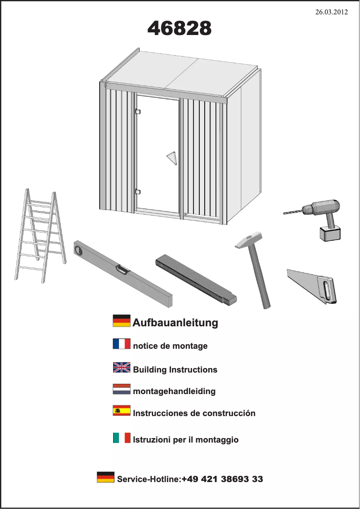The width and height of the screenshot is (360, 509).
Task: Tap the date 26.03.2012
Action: tap(332, 12)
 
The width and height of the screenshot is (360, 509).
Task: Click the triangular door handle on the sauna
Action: tap(171, 158)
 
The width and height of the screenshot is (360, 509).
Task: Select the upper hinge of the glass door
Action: tap(138, 111)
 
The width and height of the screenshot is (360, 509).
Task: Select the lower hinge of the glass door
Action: tap(138, 192)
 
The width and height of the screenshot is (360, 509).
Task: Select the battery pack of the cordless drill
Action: tap(330, 233)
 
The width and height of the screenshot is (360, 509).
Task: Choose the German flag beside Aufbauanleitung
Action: tap(122, 321)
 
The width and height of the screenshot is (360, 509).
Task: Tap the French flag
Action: tap(122, 344)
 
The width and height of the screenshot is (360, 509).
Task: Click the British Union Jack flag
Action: tap(122, 368)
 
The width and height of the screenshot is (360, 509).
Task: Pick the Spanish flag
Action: tap(122, 410)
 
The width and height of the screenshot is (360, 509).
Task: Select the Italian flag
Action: tap(122, 438)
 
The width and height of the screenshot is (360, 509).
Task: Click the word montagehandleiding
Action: tap(174, 391)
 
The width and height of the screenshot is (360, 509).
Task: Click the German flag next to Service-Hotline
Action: tap(105, 477)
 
